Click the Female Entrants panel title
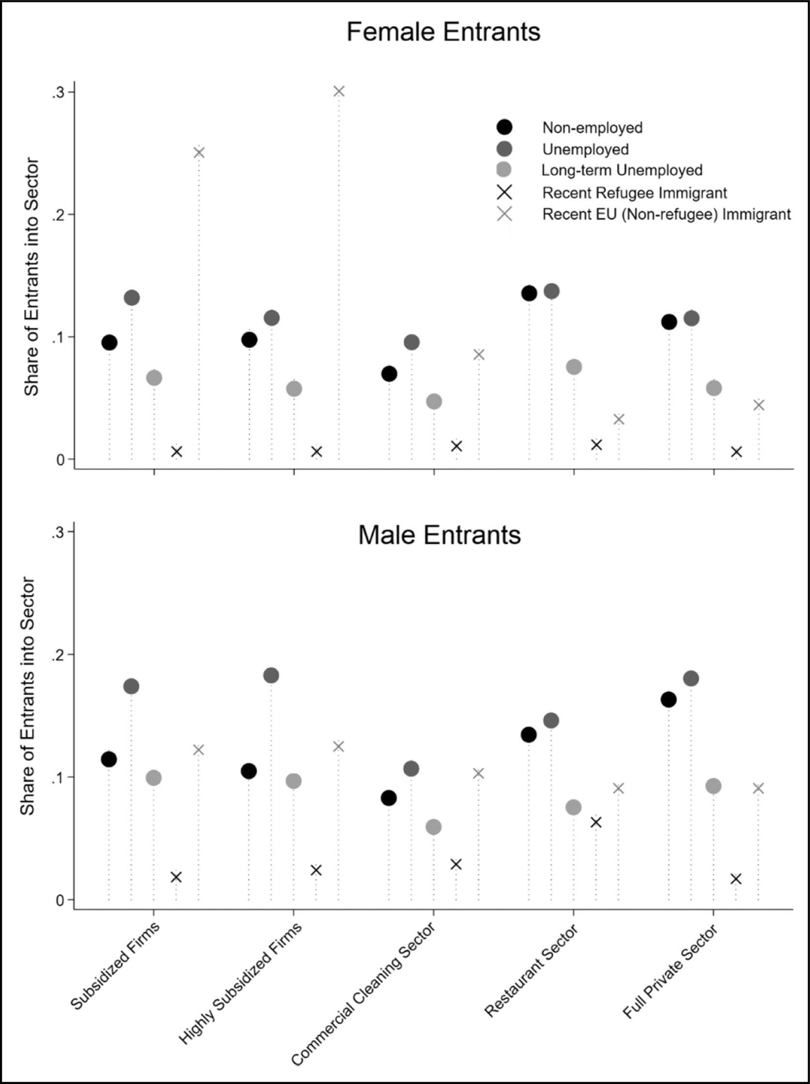(x=443, y=32)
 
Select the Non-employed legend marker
(x=504, y=127)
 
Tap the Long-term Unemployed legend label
(x=622, y=170)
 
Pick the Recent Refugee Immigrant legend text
(x=635, y=193)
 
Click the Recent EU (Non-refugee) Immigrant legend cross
(x=504, y=214)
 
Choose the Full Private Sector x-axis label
(x=670, y=971)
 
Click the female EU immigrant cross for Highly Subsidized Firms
(x=339, y=91)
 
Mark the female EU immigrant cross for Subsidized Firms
(x=199, y=153)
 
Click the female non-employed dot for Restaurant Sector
(x=529, y=293)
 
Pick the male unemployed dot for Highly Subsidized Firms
(x=271, y=676)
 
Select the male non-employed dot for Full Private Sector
(x=669, y=700)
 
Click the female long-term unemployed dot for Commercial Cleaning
(x=434, y=401)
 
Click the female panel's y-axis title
(x=32, y=276)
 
